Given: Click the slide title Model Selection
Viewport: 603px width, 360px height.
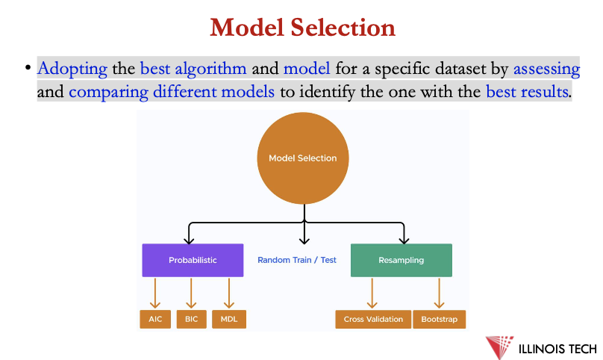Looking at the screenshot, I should point(302,28).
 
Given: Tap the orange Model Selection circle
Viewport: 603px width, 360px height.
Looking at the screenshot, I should point(302,158).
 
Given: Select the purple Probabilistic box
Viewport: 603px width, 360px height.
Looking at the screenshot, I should point(193,260).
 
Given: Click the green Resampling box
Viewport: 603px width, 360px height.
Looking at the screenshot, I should point(401,260).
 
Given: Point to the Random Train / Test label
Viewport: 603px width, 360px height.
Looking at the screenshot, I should point(297,260).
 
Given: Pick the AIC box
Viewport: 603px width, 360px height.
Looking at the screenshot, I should point(155,319).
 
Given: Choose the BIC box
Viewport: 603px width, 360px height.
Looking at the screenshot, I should point(191,319).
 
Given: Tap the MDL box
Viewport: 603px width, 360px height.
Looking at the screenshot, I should point(228,319).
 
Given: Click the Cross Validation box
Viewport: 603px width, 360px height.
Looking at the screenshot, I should point(373,319).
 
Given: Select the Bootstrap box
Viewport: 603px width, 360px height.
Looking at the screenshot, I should point(439,319).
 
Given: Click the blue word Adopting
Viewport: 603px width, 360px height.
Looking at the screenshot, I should point(72,69).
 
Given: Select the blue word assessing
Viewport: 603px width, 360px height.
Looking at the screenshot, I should point(546,69).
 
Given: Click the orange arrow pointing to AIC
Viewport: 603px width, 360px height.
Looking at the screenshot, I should point(155,293).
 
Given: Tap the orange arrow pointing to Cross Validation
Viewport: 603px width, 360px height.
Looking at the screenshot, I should point(372,293).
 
